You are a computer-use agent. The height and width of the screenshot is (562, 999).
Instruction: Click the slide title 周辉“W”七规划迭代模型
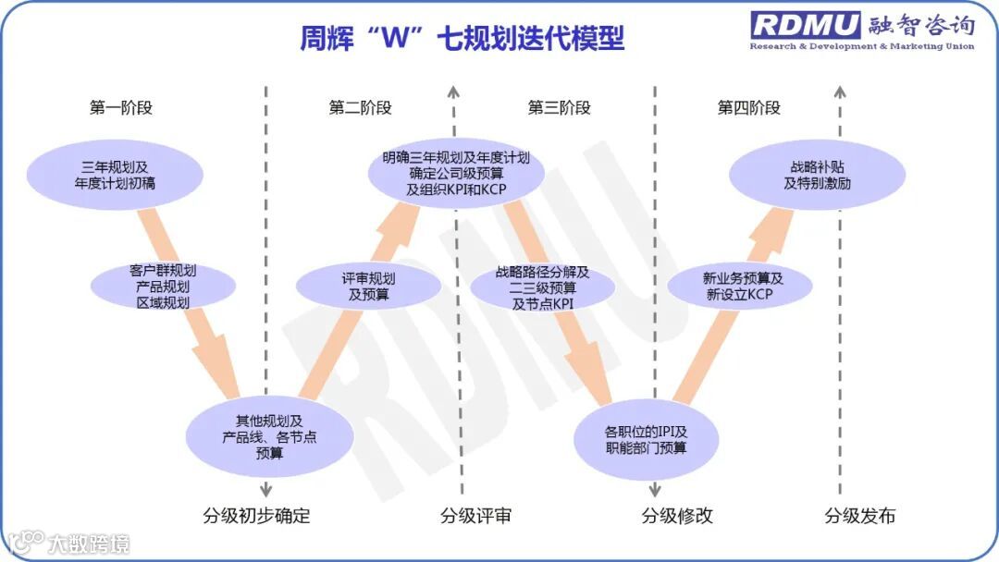(x=462, y=38)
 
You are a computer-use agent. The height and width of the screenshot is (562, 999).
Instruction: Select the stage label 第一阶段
(x=121, y=107)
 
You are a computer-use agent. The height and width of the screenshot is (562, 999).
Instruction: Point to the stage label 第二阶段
(x=360, y=107)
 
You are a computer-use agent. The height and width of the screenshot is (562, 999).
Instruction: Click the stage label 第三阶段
(x=559, y=107)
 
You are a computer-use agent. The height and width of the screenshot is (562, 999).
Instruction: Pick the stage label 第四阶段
(x=749, y=107)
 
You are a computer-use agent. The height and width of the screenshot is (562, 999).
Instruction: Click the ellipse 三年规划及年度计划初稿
(x=115, y=175)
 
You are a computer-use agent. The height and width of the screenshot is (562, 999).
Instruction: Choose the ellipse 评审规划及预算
(x=368, y=287)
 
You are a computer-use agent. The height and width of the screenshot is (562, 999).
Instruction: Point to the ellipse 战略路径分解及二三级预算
(x=543, y=287)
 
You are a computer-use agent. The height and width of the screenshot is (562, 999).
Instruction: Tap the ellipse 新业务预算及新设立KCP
(x=739, y=286)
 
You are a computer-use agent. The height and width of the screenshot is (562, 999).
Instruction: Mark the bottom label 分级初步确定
(x=255, y=516)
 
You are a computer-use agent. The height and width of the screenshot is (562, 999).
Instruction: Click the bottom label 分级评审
(x=475, y=516)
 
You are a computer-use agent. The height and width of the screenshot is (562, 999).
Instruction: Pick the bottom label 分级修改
(x=677, y=516)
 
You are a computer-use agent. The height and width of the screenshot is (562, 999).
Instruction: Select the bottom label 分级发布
(x=860, y=516)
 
